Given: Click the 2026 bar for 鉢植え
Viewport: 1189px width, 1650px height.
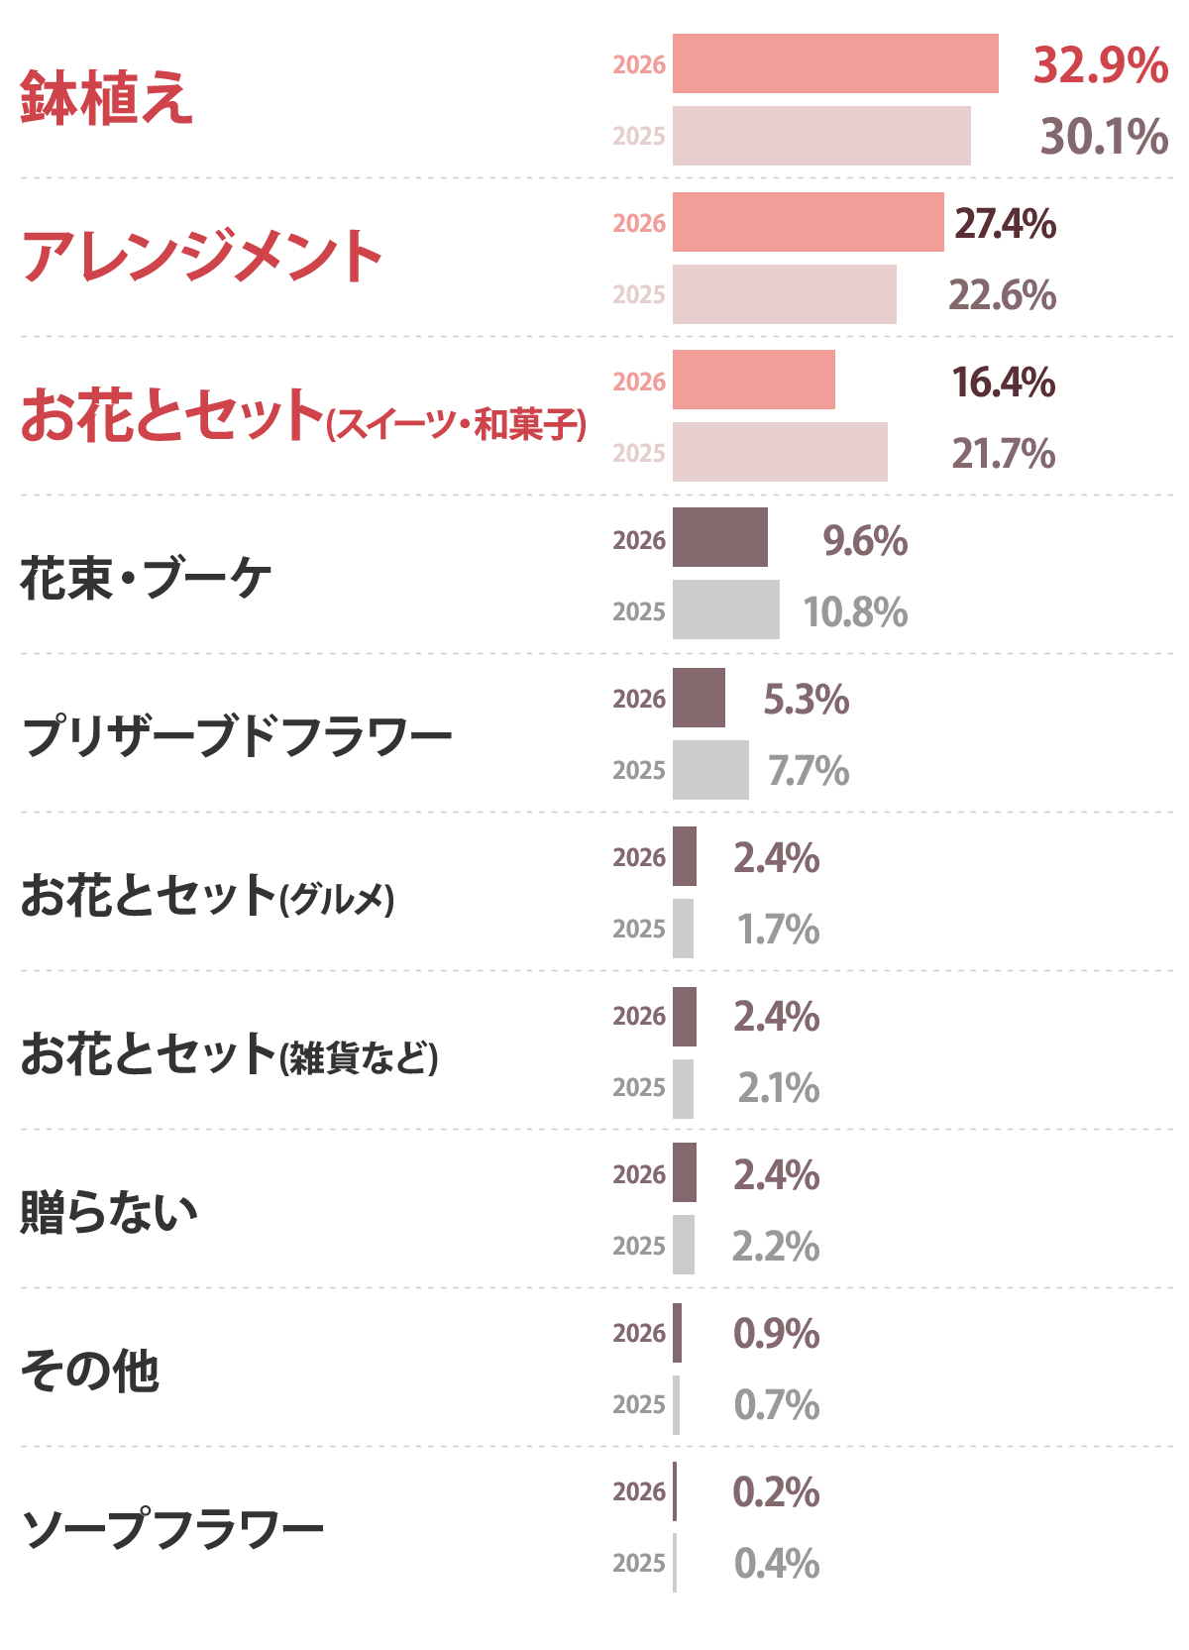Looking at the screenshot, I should tap(835, 63).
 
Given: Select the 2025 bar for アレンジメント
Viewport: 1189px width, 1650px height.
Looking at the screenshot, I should tap(784, 294).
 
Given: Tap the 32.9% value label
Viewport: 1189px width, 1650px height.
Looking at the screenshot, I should tap(1100, 65).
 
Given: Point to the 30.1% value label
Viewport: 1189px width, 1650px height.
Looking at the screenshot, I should tap(1104, 137).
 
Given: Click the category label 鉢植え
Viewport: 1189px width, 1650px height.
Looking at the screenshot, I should tap(106, 98).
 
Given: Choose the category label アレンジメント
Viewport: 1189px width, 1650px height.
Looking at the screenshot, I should tap(201, 256).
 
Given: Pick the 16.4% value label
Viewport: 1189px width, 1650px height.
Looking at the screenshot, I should tap(1003, 383).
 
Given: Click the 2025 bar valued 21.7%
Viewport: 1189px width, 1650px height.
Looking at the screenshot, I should tap(780, 452).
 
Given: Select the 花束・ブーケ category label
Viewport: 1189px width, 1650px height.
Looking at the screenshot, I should tap(146, 578).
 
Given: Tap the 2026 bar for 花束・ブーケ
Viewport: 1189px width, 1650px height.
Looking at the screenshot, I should tap(719, 538).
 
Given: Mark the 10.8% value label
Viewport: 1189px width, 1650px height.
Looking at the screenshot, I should tap(854, 612).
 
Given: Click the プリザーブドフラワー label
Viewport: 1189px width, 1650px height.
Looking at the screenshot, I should tap(236, 737).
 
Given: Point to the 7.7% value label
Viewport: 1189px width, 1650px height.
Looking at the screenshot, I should tap(808, 771).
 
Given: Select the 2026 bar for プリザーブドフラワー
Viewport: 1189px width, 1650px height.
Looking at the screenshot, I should tap(699, 698).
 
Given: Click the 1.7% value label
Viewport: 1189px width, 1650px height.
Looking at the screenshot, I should tap(777, 930).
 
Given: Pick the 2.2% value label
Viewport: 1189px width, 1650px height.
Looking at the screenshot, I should tap(775, 1247).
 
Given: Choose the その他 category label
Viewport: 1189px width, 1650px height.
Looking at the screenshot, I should tap(89, 1372).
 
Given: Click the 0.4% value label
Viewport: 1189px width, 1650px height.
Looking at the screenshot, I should tap(776, 1564).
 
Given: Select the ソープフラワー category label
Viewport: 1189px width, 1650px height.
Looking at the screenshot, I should tap(172, 1529).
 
